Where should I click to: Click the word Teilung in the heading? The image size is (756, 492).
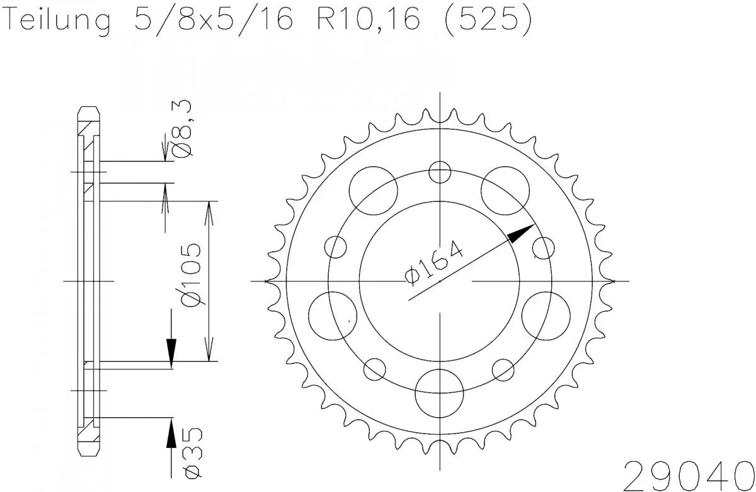[57, 21]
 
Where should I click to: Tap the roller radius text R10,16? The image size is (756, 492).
[362, 21]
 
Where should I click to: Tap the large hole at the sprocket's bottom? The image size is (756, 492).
[440, 391]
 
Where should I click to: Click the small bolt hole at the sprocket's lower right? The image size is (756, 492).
[504, 369]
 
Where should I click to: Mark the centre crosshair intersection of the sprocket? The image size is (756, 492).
[440, 281]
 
